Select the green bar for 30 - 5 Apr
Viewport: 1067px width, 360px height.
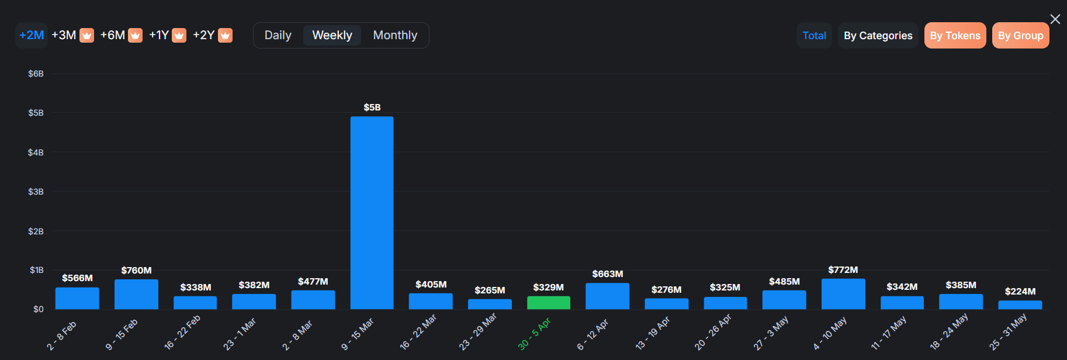[548, 303]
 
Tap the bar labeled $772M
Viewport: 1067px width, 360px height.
[843, 294]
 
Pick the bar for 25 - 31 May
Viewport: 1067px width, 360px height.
[1020, 305]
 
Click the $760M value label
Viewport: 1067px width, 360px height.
[136, 270]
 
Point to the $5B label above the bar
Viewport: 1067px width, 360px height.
[372, 108]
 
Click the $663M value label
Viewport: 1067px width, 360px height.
[607, 274]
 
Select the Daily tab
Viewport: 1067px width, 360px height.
[278, 36]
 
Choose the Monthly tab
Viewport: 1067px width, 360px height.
[395, 36]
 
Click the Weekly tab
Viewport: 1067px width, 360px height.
[332, 36]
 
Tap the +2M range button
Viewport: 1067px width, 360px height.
[32, 35]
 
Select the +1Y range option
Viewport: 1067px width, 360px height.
[159, 35]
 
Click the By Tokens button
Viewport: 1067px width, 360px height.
[955, 36]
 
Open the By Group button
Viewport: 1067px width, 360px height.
[1020, 36]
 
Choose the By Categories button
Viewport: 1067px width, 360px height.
[878, 36]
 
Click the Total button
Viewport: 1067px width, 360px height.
[814, 36]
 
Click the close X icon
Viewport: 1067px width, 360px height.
[1055, 19]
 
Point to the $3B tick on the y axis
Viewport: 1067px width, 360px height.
[36, 192]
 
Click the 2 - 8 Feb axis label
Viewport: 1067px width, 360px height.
[62, 335]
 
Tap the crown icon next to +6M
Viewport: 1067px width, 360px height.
[135, 36]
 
